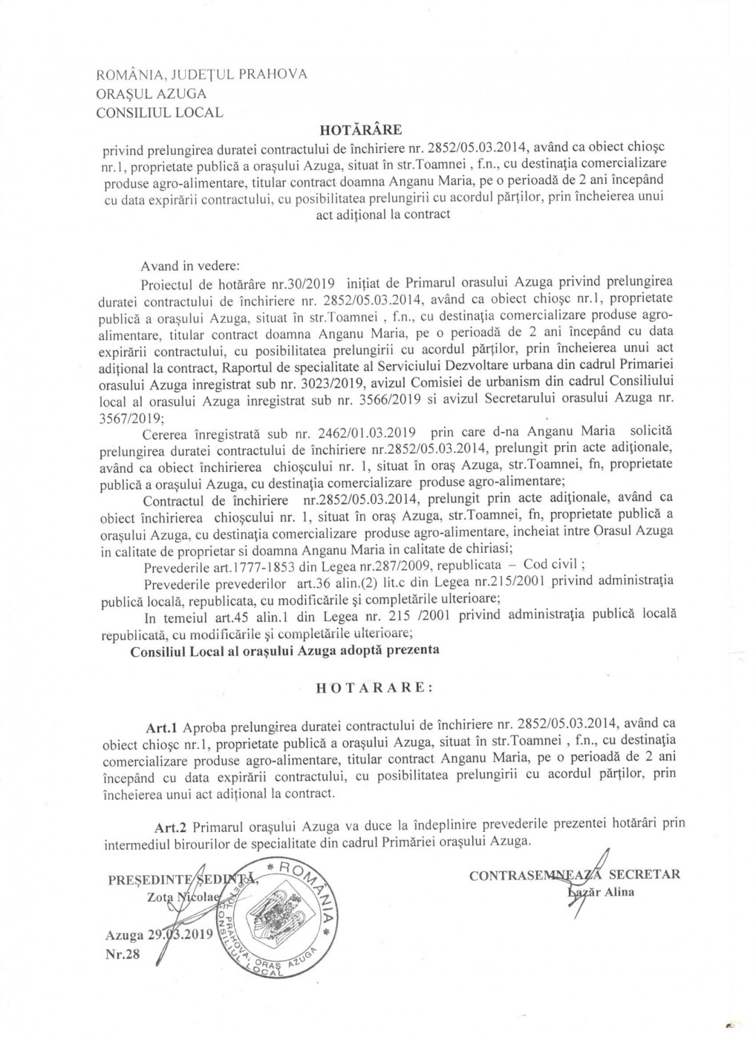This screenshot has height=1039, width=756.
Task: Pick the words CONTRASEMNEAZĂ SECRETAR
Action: pyautogui.click(x=575, y=874)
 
